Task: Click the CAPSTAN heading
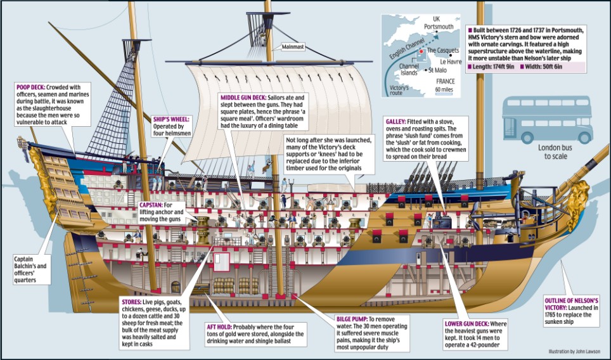(x=151, y=206)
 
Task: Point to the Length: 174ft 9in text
(x=492, y=66)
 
